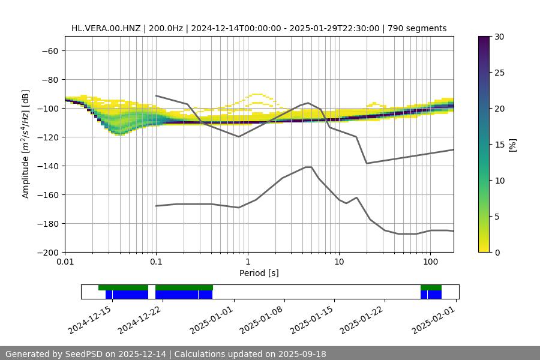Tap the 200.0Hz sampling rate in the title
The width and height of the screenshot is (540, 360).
click(169, 28)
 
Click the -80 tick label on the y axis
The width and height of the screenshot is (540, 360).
click(49, 79)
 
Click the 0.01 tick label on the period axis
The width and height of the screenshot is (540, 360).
click(65, 262)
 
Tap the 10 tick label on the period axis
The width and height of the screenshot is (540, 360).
click(339, 262)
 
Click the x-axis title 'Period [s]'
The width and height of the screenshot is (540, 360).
click(259, 273)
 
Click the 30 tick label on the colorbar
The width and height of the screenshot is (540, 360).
click(499, 37)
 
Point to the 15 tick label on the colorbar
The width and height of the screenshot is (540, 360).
click(499, 145)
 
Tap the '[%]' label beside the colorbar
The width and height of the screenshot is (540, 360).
click(512, 145)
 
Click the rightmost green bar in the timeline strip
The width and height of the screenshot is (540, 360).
click(431, 287)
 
